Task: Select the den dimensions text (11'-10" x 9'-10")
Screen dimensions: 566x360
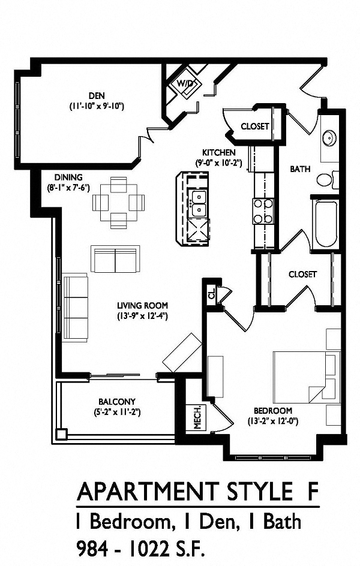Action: (x=96, y=106)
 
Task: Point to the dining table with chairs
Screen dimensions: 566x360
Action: (x=119, y=203)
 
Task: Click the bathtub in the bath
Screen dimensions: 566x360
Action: (x=326, y=224)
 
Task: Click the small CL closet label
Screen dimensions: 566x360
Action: (x=211, y=294)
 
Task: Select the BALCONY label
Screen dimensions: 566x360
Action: (x=117, y=402)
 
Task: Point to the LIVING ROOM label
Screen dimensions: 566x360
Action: (x=142, y=305)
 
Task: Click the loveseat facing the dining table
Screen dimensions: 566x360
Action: (x=116, y=258)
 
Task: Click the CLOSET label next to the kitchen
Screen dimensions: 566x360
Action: (x=254, y=127)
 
